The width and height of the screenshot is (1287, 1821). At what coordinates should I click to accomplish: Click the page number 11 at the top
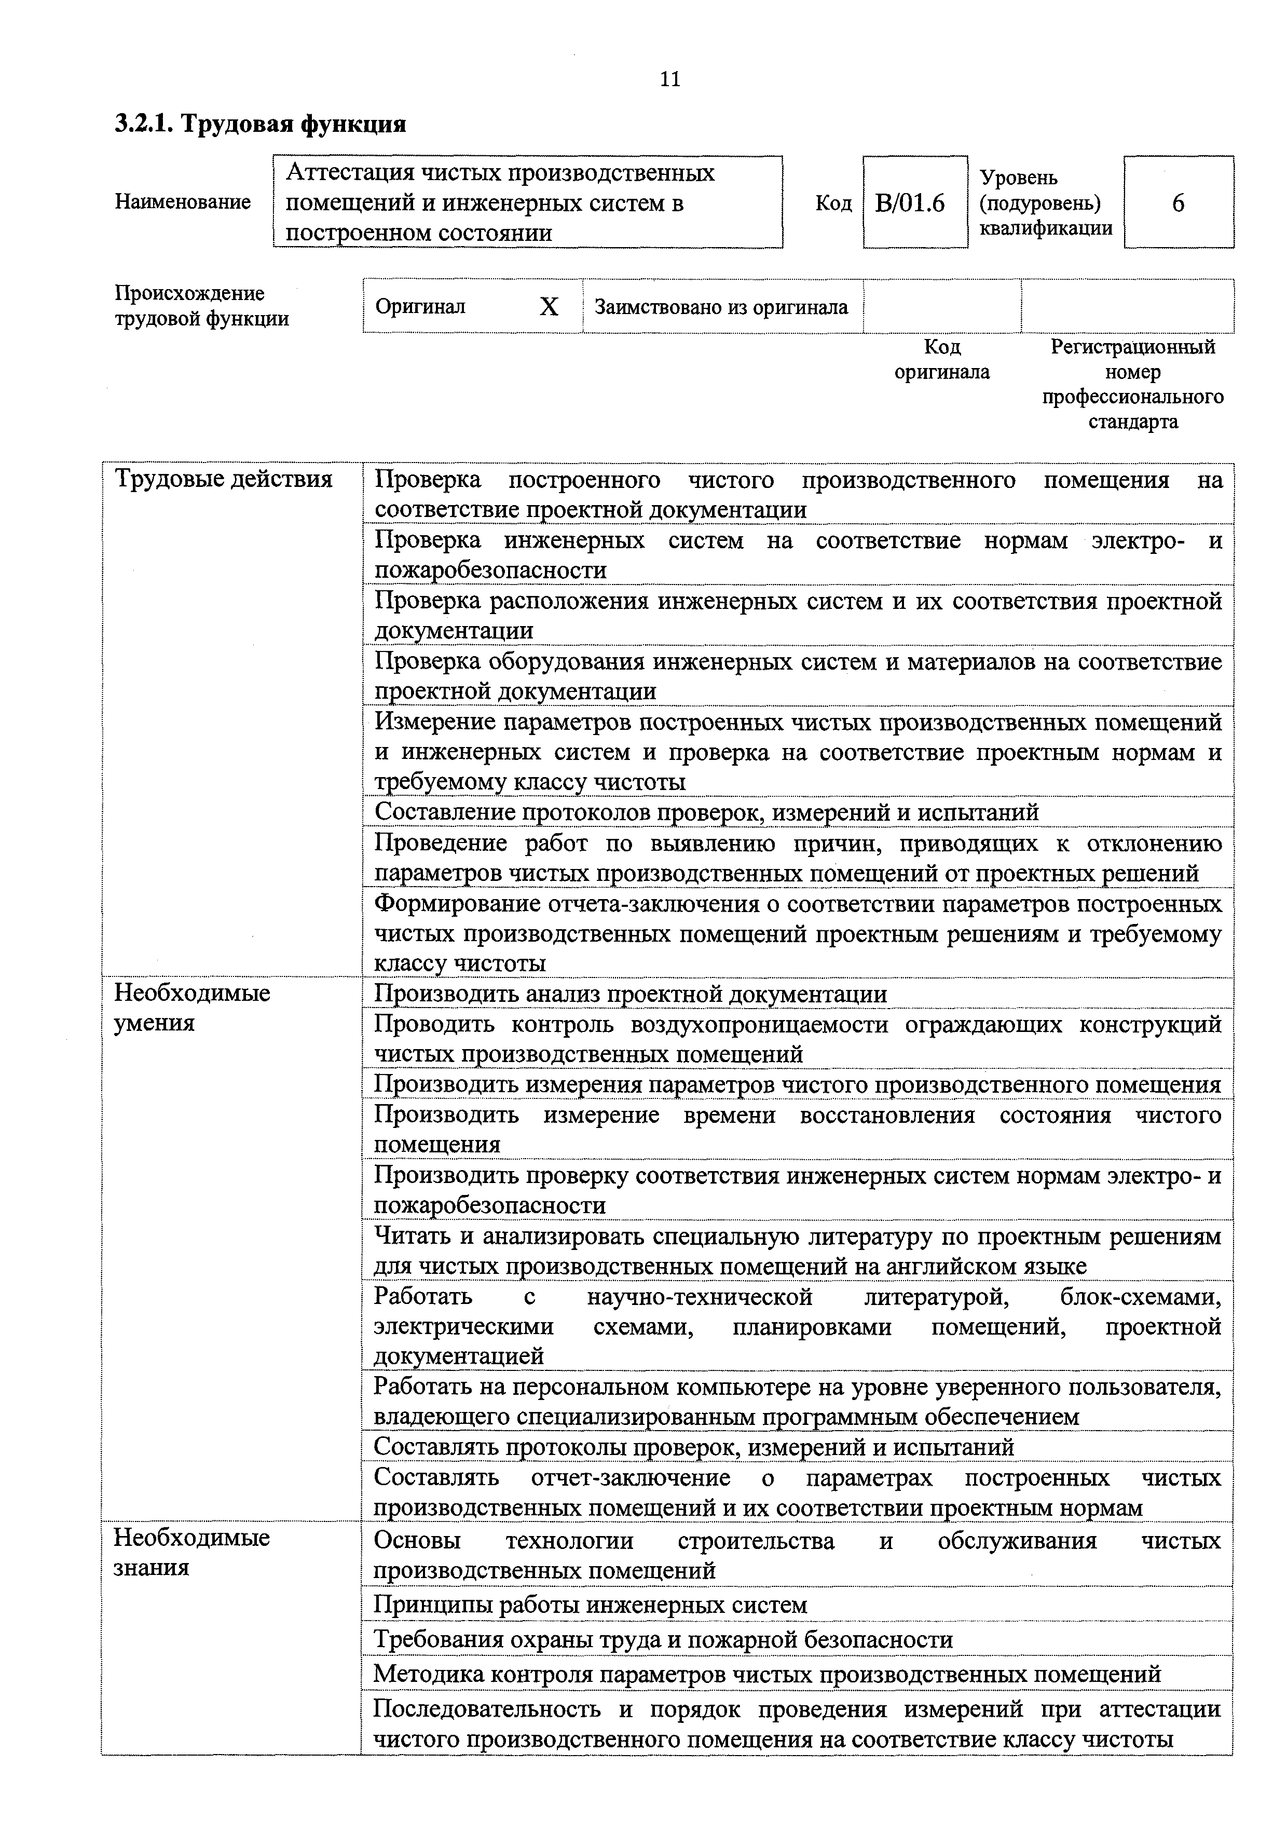click(669, 79)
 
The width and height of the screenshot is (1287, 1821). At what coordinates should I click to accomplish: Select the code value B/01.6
click(910, 204)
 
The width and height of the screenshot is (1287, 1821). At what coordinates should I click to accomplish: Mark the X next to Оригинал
click(548, 307)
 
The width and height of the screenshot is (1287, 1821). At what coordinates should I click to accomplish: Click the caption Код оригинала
click(941, 359)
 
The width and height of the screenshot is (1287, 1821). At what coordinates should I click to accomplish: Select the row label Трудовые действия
click(224, 479)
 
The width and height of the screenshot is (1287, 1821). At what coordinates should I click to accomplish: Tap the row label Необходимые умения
click(192, 1007)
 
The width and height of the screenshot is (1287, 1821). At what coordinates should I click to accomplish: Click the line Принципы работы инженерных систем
click(590, 1605)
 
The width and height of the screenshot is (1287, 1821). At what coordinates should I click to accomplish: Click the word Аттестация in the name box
click(349, 173)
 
